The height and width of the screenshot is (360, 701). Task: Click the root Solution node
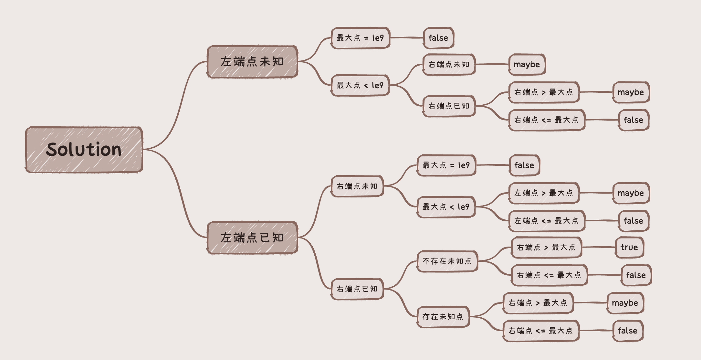tap(84, 149)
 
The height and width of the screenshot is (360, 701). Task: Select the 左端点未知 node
tap(252, 61)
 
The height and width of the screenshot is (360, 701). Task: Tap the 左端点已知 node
tap(252, 238)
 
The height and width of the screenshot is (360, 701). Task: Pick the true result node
tap(629, 247)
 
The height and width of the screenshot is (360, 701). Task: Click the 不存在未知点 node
tap(447, 261)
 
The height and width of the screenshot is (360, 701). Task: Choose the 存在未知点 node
tap(443, 317)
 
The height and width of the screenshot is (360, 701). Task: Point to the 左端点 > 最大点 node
tap(544, 193)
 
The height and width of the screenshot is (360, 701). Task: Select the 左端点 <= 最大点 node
tap(547, 221)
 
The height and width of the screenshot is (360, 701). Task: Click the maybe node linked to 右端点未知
tap(527, 64)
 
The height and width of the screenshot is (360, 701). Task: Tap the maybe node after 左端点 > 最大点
tap(631, 193)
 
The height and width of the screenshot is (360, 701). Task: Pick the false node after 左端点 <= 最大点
tap(633, 221)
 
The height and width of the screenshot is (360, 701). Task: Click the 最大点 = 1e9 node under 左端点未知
tap(360, 38)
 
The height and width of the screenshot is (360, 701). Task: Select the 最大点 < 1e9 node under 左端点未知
tap(360, 85)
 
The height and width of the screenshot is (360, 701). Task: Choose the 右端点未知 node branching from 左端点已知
tap(357, 186)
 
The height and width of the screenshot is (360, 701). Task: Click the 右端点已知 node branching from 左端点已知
tap(357, 289)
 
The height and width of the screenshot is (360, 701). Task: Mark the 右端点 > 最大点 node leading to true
tap(546, 247)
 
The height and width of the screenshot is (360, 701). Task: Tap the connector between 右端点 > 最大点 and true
tap(599, 247)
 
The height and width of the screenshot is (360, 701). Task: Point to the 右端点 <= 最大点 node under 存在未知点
tap(541, 331)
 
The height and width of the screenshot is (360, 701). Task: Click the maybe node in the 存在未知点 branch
tap(625, 303)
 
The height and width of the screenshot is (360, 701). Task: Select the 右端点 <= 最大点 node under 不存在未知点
tap(549, 275)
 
